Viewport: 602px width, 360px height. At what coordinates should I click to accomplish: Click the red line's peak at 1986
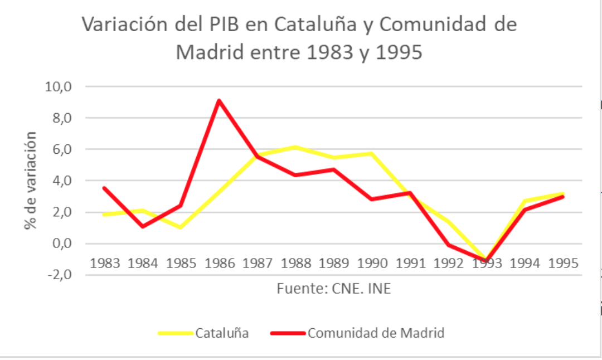pos(219,101)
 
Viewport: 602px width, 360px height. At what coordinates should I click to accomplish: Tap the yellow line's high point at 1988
pos(295,147)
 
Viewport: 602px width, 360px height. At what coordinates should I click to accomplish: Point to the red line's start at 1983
pos(105,188)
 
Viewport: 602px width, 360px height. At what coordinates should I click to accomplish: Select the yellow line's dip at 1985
pos(181,227)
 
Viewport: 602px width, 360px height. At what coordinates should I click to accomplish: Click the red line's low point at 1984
pos(143,226)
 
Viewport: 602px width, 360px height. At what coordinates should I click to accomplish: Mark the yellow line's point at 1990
pos(372,153)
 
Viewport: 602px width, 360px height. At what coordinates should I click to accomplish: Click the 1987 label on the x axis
pos(258,262)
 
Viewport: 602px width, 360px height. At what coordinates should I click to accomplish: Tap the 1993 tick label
pos(486,262)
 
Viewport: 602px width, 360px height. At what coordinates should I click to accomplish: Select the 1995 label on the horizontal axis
pos(562,262)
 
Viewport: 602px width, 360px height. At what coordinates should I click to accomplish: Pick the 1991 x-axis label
pos(410,262)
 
